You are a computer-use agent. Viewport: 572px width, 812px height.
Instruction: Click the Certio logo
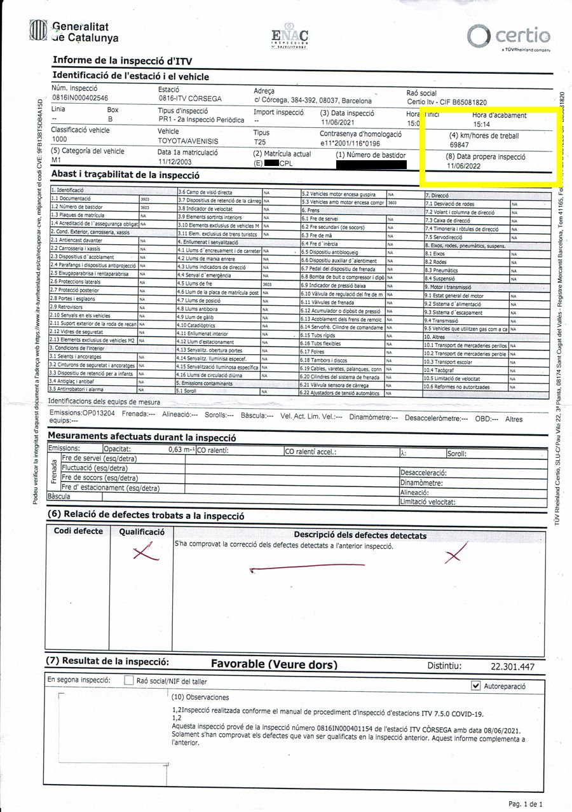coord(508,35)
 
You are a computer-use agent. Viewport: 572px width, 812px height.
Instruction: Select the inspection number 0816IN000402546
coord(80,98)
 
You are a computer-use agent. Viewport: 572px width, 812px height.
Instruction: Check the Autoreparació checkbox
coord(476,685)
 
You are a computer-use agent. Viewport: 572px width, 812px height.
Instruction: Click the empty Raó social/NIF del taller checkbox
coord(129,680)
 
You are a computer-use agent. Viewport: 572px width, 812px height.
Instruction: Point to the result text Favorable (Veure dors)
coord(274,664)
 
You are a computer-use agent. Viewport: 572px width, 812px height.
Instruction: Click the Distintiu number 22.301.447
coord(512,666)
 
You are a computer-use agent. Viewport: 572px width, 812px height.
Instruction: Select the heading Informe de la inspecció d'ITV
coord(118,60)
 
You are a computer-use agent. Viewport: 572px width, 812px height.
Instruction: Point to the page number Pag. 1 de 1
coord(526,803)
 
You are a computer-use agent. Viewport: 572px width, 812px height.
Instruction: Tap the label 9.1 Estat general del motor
coord(454,296)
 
